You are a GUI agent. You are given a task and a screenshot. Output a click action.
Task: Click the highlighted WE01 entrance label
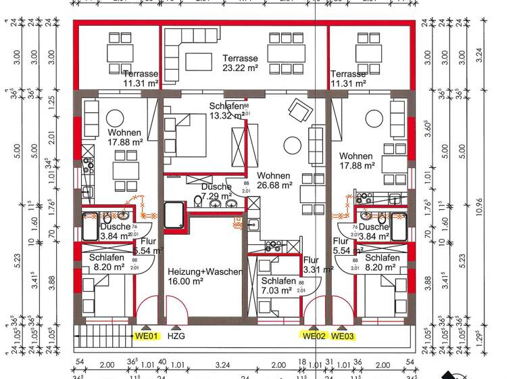click(x=146, y=336)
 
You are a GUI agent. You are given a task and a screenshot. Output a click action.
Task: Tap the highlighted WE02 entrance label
click(x=314, y=336)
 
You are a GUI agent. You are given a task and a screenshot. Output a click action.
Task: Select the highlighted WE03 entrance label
click(x=343, y=336)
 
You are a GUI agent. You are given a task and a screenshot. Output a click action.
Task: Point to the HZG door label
click(x=176, y=336)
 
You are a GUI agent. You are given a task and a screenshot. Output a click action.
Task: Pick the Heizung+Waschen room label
click(x=205, y=271)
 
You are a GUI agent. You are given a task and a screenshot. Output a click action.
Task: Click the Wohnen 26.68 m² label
click(x=274, y=180)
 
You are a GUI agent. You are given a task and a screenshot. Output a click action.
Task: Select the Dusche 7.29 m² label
click(x=216, y=191)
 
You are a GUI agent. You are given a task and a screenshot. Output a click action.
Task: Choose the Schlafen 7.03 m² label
click(x=277, y=286)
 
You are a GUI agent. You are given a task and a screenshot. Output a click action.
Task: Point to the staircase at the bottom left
click(x=101, y=336)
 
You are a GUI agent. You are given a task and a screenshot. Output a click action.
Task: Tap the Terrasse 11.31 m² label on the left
click(x=141, y=79)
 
